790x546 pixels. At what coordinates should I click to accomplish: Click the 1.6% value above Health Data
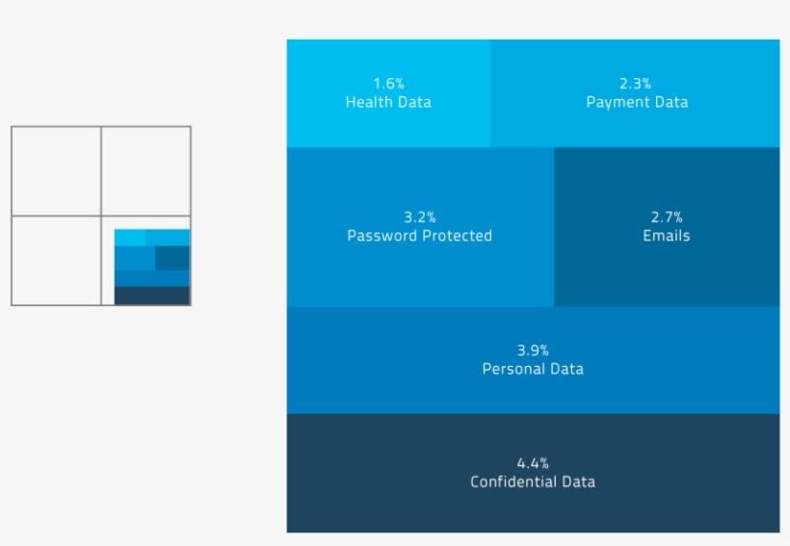pos(388,84)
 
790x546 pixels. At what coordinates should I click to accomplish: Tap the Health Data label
pos(388,102)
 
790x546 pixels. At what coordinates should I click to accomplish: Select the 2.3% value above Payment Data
pos(636,84)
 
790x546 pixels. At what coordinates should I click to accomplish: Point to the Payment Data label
pos(637,102)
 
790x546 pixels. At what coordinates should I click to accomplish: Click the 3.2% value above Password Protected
pos(419,217)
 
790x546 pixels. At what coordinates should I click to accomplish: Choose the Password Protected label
pos(419,236)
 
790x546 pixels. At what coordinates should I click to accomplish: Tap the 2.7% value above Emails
pos(666,217)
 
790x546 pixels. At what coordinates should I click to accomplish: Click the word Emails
pos(666,236)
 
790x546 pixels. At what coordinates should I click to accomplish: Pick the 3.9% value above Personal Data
pos(533,351)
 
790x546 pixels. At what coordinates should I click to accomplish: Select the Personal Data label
pos(533,369)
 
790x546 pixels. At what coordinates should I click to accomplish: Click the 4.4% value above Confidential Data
pos(533,463)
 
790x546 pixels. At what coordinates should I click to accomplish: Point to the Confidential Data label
pos(533,481)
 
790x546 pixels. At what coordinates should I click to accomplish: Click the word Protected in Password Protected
pos(458,236)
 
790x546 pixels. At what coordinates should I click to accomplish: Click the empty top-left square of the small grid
pos(56,170)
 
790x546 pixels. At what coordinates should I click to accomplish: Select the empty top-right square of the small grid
pos(145,170)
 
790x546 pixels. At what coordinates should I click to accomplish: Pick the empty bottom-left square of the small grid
pos(56,260)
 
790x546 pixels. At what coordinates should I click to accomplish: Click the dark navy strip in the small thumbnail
pos(152,296)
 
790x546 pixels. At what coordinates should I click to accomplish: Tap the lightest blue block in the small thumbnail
pos(129,237)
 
